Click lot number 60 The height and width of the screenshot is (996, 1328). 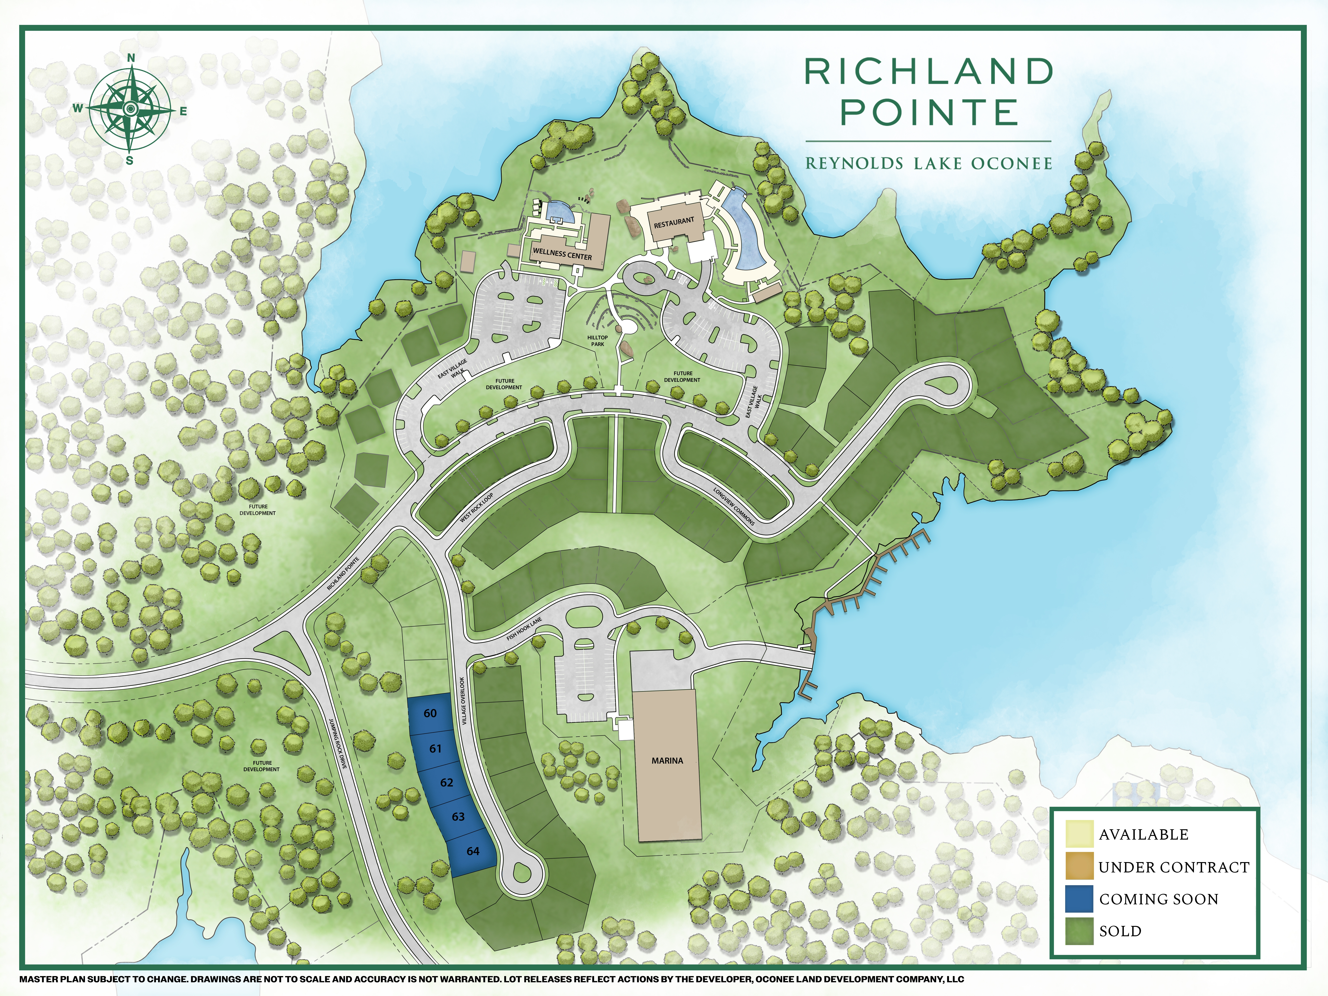tap(430, 713)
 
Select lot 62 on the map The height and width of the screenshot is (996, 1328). tap(446, 782)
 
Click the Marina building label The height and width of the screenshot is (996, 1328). tap(667, 761)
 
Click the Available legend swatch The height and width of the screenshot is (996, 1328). tap(1079, 834)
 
